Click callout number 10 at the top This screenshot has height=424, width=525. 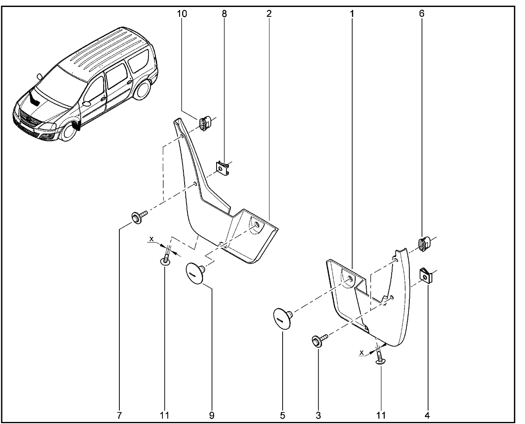click(182, 14)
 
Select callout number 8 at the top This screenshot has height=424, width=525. click(224, 14)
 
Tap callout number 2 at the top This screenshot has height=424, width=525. click(268, 14)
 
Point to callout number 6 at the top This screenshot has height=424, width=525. click(422, 14)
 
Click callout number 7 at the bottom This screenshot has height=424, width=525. click(119, 415)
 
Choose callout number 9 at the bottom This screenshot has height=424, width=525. click(212, 415)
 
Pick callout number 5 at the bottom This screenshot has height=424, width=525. click(283, 415)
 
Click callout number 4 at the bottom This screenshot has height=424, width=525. click(427, 415)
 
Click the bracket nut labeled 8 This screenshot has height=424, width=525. click(222, 168)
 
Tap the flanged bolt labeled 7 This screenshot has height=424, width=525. click(137, 217)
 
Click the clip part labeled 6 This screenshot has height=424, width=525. click(424, 243)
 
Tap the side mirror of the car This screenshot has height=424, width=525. click(39, 77)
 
